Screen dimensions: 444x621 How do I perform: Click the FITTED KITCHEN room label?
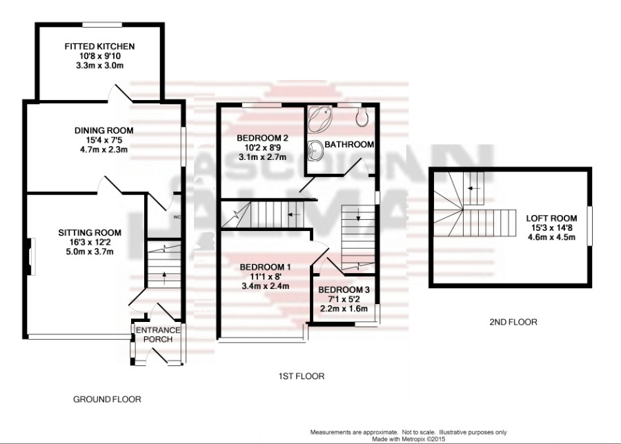tap(99, 46)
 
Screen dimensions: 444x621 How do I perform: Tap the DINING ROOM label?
tap(104, 130)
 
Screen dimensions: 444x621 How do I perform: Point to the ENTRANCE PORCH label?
tap(157, 334)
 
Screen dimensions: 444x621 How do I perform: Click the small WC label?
tap(177, 217)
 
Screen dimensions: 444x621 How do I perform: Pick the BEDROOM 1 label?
tap(265, 267)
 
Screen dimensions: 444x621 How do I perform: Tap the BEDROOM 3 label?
tap(344, 290)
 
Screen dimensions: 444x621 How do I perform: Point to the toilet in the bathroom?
tap(362, 117)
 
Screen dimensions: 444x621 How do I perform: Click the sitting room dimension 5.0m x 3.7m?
tap(89, 252)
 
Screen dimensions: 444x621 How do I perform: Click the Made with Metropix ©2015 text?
tap(408, 438)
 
